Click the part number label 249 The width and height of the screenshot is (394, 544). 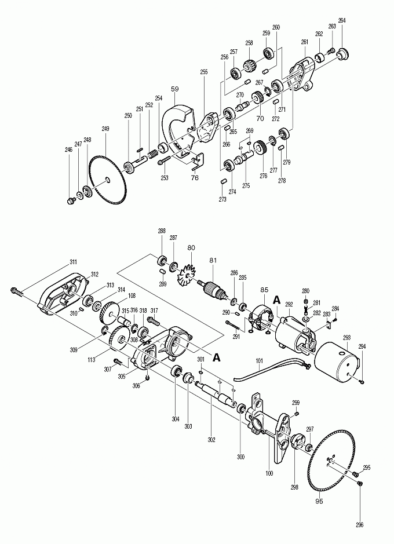click(105, 129)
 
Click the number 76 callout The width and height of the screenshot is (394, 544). click(195, 178)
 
